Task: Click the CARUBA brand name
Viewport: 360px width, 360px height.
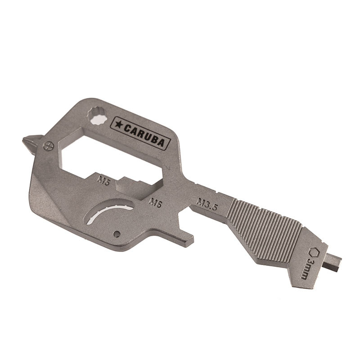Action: tap(144, 135)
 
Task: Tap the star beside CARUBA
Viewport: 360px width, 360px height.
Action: tap(118, 125)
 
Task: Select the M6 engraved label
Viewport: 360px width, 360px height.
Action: tap(156, 203)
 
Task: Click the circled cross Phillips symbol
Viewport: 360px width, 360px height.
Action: tap(48, 145)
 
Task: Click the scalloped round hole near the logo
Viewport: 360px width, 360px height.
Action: tap(97, 116)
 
